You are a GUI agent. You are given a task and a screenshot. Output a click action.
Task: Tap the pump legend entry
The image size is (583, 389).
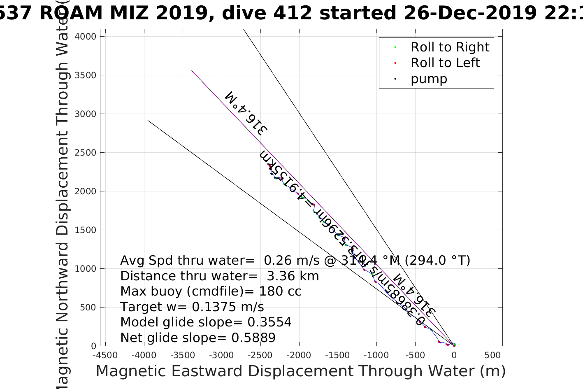(x=428, y=79)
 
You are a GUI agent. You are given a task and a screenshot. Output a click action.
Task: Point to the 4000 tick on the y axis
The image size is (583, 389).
(x=85, y=37)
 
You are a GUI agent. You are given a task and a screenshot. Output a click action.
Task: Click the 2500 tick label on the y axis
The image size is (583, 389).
(x=85, y=153)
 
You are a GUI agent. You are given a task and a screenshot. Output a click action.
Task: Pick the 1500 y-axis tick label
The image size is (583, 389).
(x=85, y=230)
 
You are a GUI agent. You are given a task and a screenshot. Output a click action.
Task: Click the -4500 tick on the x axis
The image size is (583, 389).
(x=105, y=355)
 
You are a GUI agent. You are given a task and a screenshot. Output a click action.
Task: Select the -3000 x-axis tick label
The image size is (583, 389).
(x=221, y=355)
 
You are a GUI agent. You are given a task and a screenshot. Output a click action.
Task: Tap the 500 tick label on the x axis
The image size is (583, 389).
(x=492, y=355)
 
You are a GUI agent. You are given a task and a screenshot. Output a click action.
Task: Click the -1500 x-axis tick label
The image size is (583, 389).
(x=337, y=355)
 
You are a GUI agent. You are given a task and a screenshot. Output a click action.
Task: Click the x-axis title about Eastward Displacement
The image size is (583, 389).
(x=300, y=371)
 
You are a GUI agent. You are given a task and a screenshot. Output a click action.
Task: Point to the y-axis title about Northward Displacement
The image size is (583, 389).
(x=62, y=198)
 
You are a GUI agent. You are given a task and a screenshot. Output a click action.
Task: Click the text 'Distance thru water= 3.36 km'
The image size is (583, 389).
(x=219, y=276)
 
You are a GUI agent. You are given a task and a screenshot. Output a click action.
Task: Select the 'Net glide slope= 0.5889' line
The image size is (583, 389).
(x=197, y=338)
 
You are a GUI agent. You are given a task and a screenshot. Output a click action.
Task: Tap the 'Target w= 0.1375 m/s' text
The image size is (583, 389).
(x=192, y=307)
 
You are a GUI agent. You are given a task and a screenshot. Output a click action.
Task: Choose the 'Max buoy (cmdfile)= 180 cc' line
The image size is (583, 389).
(x=211, y=291)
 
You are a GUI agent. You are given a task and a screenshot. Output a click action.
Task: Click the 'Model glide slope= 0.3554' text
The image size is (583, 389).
(x=206, y=322)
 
